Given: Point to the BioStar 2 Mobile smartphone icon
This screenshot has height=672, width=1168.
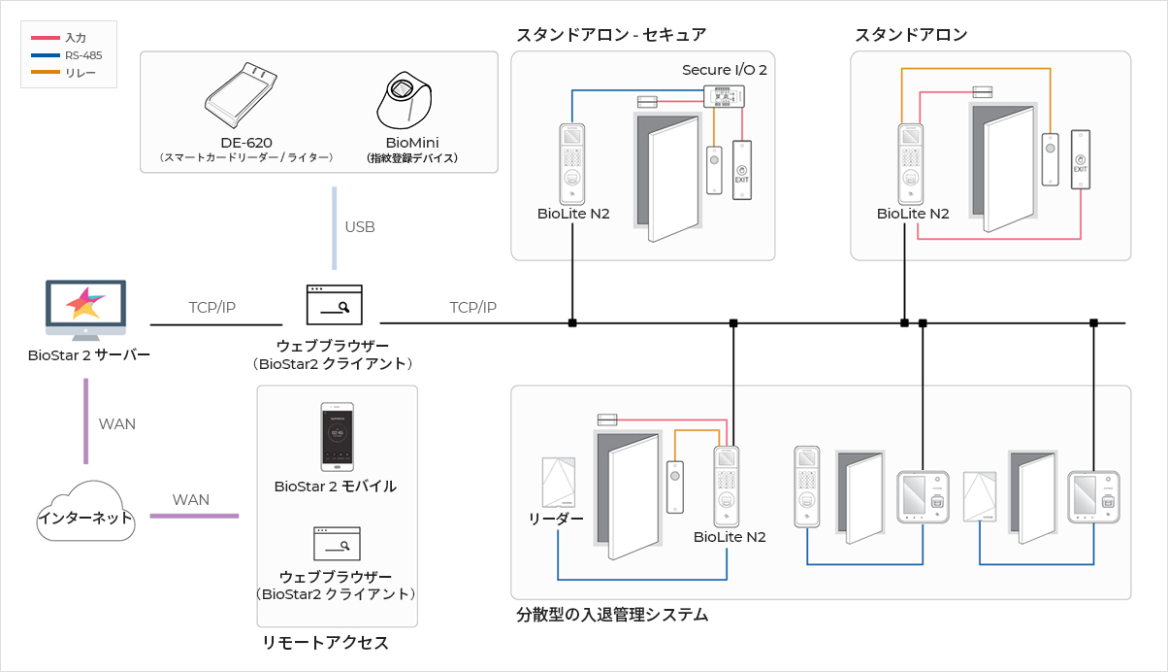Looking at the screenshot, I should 338,437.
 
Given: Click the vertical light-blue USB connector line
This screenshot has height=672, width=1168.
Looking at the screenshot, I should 334,227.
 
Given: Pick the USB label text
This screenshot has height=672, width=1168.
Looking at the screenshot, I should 360,227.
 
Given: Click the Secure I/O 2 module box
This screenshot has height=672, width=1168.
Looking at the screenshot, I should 724,96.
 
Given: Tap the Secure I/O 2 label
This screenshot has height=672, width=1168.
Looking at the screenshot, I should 725,70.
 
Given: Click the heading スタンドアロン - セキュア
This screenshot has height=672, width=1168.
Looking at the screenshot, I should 611,35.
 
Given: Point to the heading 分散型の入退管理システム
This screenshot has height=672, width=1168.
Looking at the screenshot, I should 612,614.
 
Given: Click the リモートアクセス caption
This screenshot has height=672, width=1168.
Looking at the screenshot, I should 325,643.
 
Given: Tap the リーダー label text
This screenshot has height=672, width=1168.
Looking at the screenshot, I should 556,518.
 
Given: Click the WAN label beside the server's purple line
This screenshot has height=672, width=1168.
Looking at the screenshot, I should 117,424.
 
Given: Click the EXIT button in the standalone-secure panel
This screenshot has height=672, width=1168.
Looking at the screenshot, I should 742,171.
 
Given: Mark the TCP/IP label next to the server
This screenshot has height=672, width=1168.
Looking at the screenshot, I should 212,308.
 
